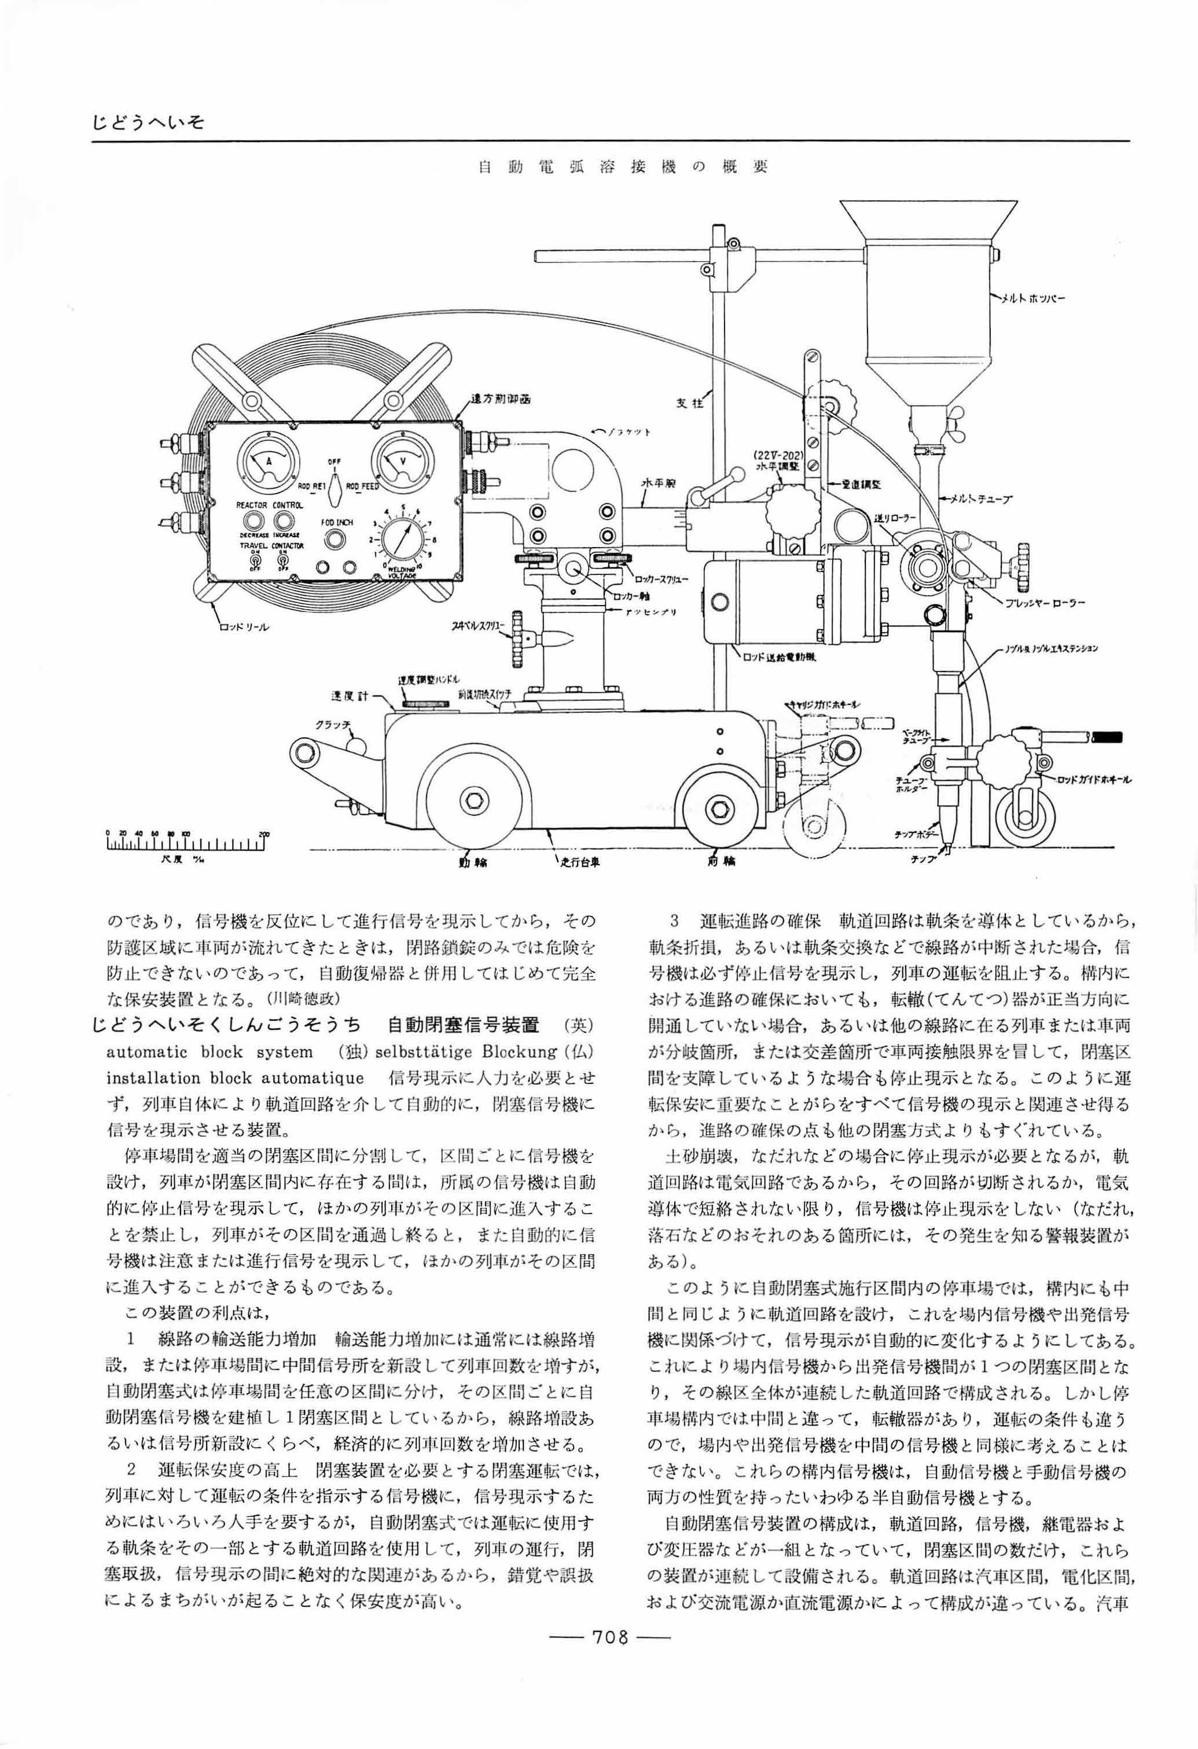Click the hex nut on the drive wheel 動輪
point(475,799)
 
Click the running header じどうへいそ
point(148,122)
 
